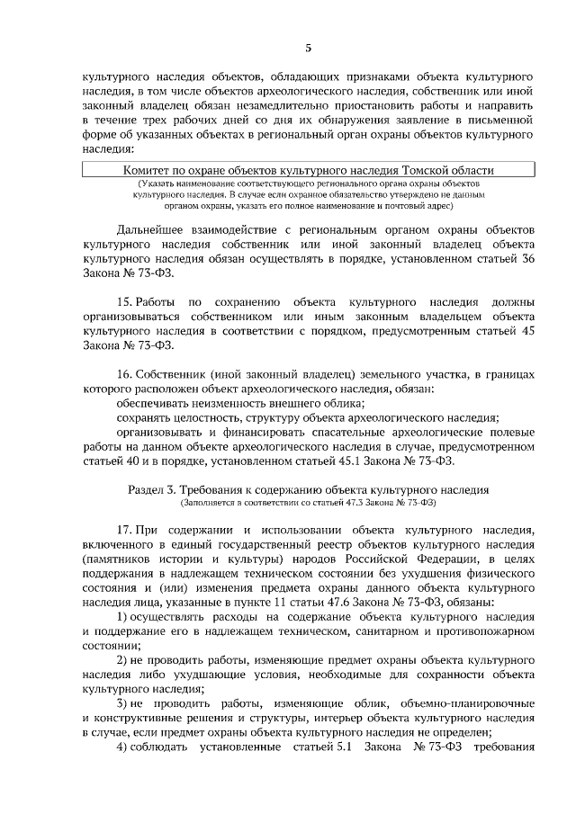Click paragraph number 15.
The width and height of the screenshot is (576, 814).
pos(126,302)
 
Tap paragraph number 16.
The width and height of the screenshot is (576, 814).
pos(126,374)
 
